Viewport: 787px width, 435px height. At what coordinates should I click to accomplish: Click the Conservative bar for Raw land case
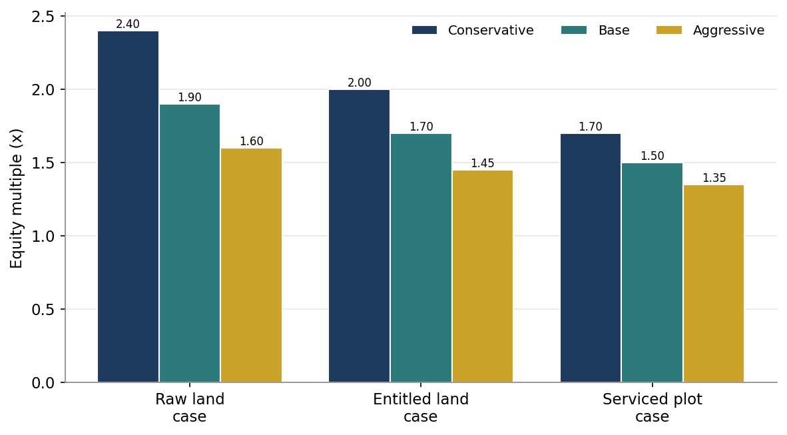[x=128, y=207]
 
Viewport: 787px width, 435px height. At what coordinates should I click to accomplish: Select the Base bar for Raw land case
[x=190, y=244]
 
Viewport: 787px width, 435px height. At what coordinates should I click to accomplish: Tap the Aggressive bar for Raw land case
[x=252, y=265]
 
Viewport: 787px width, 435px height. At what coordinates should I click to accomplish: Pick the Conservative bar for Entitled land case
[x=360, y=236]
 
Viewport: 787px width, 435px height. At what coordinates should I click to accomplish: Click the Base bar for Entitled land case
[x=421, y=258]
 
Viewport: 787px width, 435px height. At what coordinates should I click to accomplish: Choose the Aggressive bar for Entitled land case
[x=483, y=276]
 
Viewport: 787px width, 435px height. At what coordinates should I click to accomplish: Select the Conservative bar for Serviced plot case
[x=591, y=258]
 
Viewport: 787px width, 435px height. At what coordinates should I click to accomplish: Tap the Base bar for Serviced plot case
[x=653, y=272]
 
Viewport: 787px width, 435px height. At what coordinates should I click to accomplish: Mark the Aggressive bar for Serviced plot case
[x=714, y=284]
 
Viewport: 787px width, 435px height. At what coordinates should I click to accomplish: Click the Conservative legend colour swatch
[x=425, y=30]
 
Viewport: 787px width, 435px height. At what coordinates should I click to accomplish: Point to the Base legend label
[x=614, y=30]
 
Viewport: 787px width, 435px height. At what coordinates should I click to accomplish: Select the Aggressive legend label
[x=729, y=31]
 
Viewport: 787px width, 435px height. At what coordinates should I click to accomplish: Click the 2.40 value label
[x=128, y=24]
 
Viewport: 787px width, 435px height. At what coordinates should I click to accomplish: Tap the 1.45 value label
[x=483, y=163]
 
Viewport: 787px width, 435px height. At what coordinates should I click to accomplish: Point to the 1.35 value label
[x=714, y=178]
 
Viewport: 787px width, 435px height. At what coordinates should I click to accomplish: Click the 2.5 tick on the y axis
[x=63, y=17]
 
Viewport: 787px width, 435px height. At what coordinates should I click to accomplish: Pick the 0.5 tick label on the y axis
[x=43, y=309]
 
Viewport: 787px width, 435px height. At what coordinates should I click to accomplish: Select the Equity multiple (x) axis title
[x=17, y=199]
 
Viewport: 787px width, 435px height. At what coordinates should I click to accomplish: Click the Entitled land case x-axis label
[x=421, y=408]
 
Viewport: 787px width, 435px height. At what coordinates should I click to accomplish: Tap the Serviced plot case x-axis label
[x=653, y=408]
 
